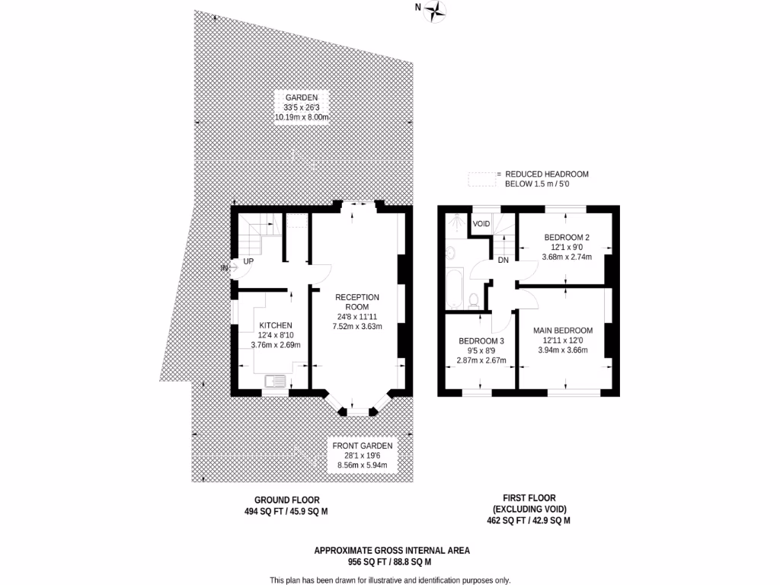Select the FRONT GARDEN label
coord(362,446)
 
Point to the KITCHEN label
coord(275,325)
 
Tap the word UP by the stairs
coord(248,261)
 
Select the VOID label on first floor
coord(481,224)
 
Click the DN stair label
coord(503,260)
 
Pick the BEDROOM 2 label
coord(566,238)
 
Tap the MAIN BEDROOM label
coord(563,331)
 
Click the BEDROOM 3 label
coord(481,340)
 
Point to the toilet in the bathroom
coord(474,299)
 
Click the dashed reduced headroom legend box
coord(480,179)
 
